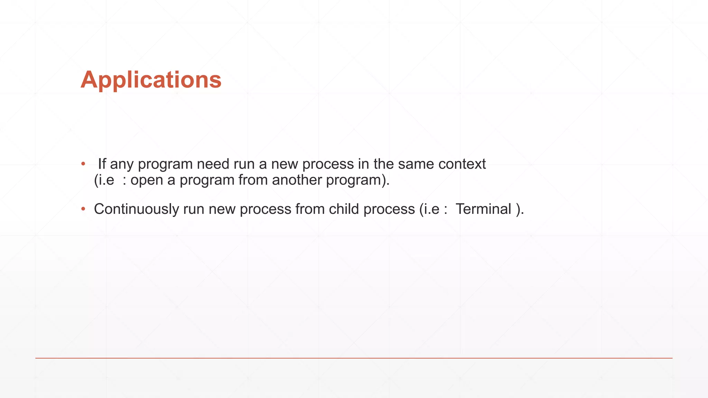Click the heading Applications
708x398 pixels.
151,80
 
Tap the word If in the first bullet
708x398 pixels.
102,164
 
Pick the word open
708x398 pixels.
147,180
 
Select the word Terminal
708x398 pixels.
483,209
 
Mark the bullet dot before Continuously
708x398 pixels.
83,209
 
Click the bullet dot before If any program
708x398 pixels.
83,164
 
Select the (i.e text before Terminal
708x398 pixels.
429,209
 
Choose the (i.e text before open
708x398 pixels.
104,180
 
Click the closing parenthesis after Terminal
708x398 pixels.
518,209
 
